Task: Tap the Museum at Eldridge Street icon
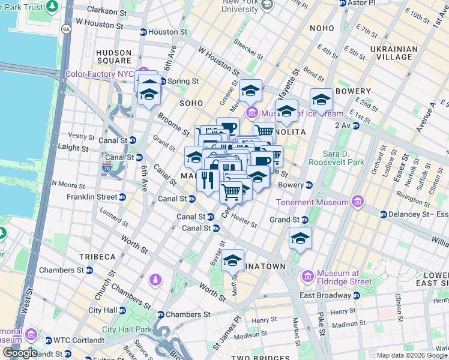pos(308,277)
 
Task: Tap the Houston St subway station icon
pos(143,32)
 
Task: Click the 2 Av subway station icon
pos(355,125)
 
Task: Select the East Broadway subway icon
pos(356,295)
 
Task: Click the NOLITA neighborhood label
pos(291,131)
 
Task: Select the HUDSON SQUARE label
pos(113,56)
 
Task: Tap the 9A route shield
pos(66,28)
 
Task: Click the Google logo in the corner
pos(20,353)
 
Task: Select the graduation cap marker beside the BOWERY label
pos(321,99)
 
